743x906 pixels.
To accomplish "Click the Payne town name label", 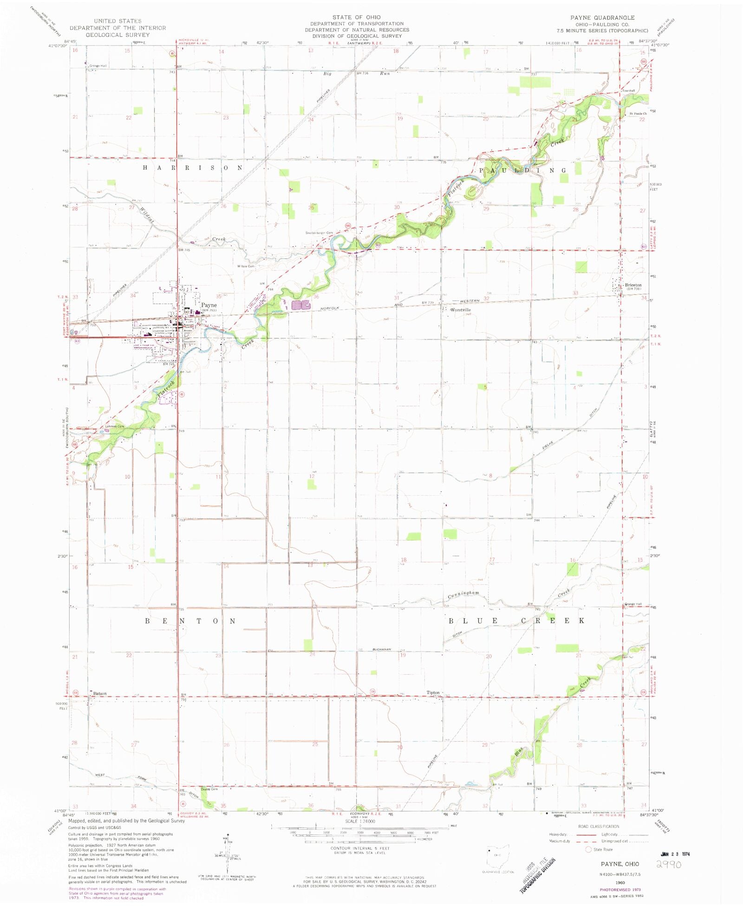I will [x=209, y=305].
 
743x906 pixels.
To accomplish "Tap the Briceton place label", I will [x=633, y=285].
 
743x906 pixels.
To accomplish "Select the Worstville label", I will [x=460, y=310].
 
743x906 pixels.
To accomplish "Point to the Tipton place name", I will [x=433, y=692].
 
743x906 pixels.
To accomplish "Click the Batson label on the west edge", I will [x=100, y=693].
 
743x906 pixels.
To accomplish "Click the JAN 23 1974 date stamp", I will [x=675, y=854].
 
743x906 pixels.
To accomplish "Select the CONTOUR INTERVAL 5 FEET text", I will [x=360, y=848].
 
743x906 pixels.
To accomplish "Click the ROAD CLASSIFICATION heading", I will [x=599, y=826].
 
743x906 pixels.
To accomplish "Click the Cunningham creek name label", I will [x=463, y=594].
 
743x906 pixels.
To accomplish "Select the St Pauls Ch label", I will [x=638, y=113].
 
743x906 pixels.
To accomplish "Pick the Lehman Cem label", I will [x=115, y=426].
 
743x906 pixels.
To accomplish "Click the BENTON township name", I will [x=191, y=621].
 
